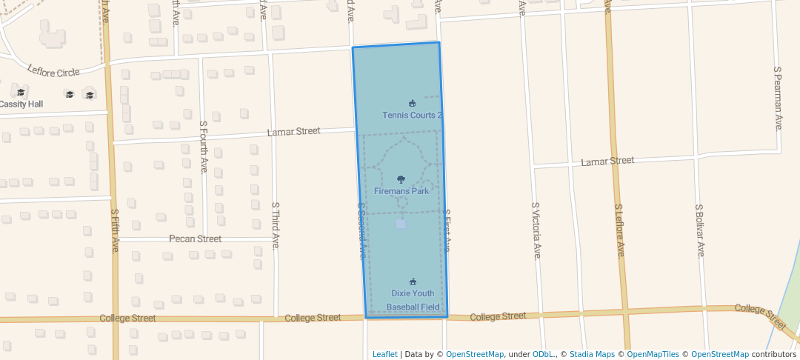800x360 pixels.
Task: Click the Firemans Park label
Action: [x=401, y=191]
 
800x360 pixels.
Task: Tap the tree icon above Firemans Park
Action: [x=401, y=179]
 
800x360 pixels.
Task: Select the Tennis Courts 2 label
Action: [x=413, y=116]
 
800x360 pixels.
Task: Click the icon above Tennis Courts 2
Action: [x=413, y=103]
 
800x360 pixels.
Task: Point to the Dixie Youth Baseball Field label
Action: [x=413, y=300]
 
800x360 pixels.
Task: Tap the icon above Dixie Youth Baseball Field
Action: [x=413, y=281]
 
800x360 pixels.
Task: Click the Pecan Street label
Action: [x=195, y=239]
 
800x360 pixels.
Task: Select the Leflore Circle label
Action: [x=53, y=72]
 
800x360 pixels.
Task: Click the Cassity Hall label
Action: [x=21, y=104]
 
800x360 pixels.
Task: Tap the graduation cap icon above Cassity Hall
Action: [x=21, y=93]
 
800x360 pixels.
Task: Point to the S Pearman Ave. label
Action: [x=778, y=99]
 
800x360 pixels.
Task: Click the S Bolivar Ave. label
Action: [x=699, y=231]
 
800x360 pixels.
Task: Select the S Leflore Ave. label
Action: [x=620, y=231]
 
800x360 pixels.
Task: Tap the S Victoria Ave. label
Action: [x=536, y=230]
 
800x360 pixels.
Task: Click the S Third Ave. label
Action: [x=275, y=225]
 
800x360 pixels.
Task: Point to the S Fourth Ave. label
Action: [x=204, y=147]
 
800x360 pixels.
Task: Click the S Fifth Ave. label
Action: [x=115, y=230]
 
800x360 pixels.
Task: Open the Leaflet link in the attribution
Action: [x=384, y=354]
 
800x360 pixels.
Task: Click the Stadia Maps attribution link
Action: [x=591, y=354]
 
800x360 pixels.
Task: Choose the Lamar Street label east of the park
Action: [x=607, y=161]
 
